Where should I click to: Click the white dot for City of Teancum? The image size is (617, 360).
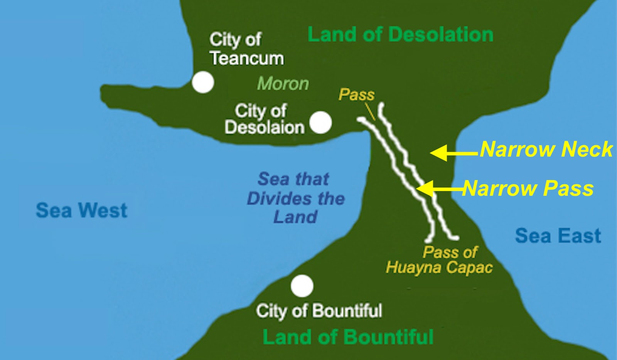point(203,82)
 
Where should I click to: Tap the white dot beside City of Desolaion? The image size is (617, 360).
point(320,123)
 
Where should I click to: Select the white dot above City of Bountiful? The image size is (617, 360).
point(302,286)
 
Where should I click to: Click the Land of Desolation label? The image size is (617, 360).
point(400,35)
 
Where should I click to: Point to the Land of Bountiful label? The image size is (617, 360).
point(348,337)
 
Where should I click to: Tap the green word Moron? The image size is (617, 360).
point(283,84)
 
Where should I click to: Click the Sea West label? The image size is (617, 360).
point(81,210)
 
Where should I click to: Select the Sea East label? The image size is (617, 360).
point(558,236)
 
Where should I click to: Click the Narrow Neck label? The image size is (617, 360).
point(546,149)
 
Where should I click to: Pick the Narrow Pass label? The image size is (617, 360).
point(528,188)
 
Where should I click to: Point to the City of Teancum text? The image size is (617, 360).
point(247,49)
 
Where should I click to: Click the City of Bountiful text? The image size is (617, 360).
point(319,311)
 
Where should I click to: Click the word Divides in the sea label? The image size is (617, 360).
point(276,199)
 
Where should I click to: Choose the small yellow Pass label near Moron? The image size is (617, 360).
point(356,95)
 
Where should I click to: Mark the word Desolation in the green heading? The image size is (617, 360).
point(441,35)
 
